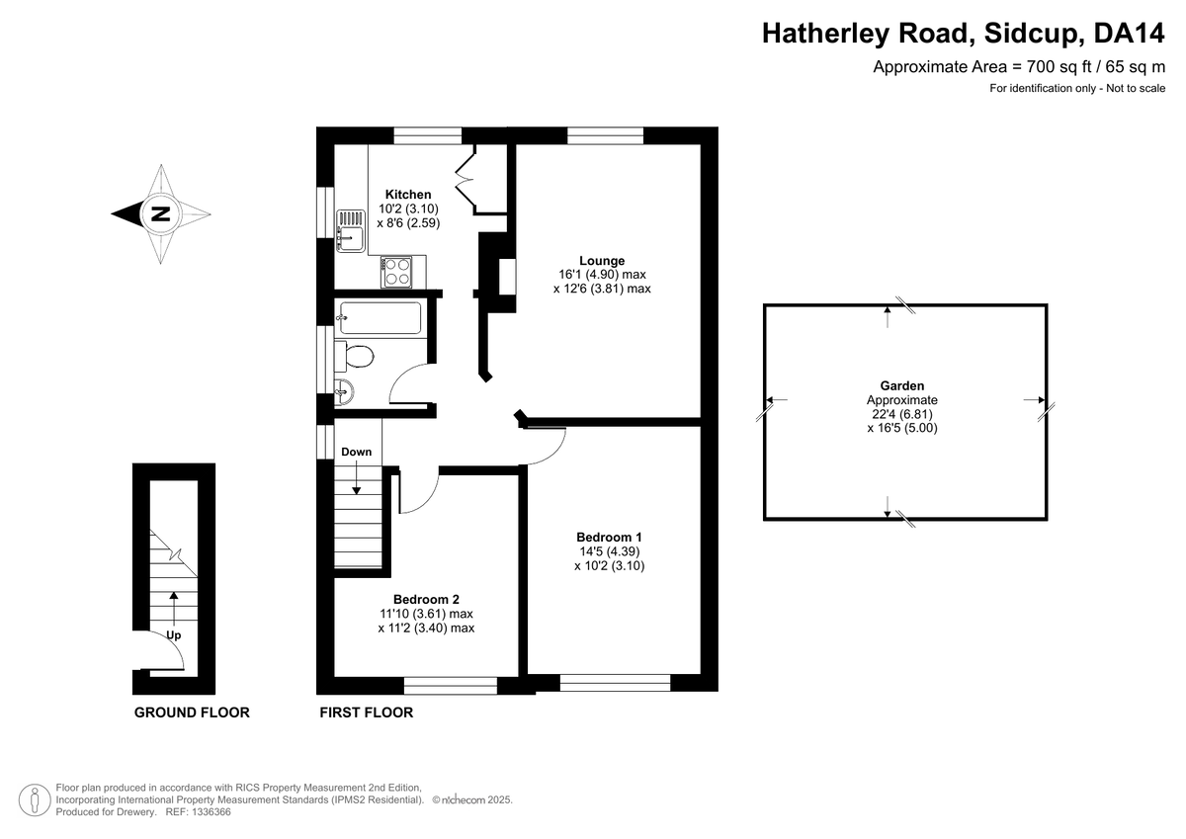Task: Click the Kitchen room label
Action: [x=408, y=194]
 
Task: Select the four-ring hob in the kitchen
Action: [x=397, y=270]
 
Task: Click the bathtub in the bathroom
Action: [x=380, y=318]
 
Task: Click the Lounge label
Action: [x=602, y=261]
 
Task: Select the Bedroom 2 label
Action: [x=426, y=599]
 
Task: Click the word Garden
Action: [x=902, y=385]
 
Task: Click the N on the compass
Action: [x=159, y=213]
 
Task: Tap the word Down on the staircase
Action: [x=357, y=452]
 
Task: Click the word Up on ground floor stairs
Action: [x=174, y=635]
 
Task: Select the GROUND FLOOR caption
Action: [x=192, y=713]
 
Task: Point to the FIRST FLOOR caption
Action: [x=366, y=713]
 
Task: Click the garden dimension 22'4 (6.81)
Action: [x=901, y=414]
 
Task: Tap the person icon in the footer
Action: [x=35, y=798]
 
